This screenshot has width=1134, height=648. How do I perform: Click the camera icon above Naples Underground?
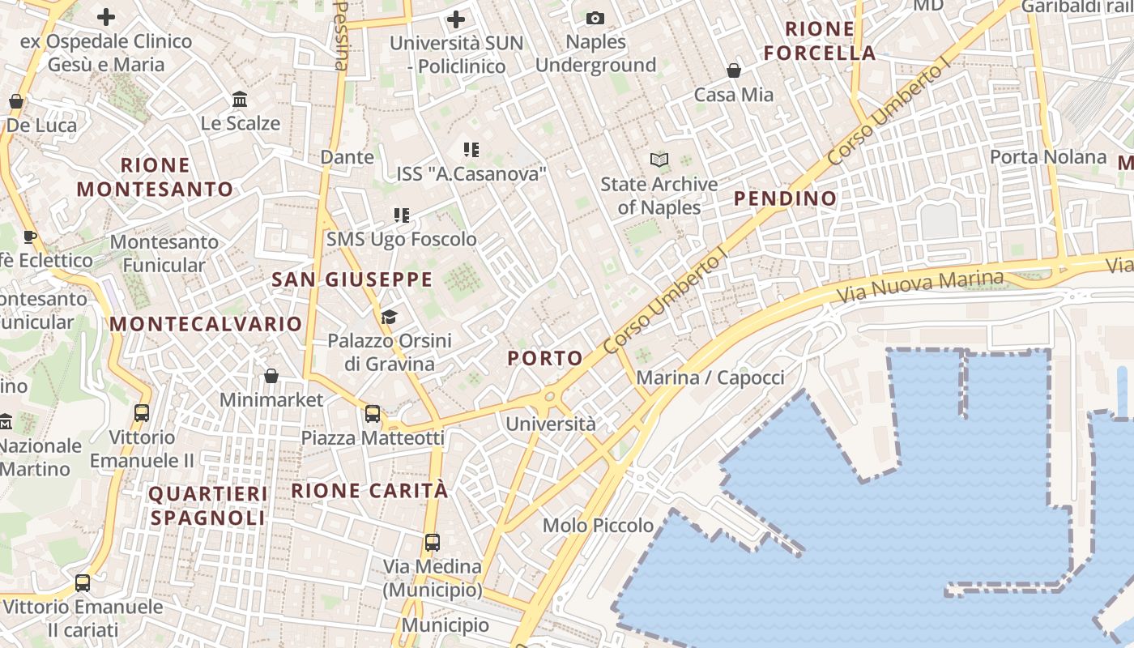(x=595, y=18)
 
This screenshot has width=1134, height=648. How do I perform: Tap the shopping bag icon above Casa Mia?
(x=734, y=70)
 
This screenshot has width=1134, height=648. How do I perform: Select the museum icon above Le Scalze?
(x=240, y=100)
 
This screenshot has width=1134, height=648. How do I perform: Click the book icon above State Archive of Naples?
(x=660, y=160)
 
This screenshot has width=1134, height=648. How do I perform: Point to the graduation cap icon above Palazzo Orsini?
(x=390, y=317)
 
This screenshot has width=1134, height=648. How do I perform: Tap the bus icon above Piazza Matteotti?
(x=373, y=414)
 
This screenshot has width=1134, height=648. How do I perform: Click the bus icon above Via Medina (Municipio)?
(x=433, y=543)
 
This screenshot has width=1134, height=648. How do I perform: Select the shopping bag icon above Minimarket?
(x=271, y=376)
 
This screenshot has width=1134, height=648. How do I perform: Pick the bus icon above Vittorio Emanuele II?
(x=142, y=412)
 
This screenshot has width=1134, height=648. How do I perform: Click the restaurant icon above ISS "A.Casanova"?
(x=471, y=149)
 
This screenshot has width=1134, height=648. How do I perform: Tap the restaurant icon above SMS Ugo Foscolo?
(x=401, y=215)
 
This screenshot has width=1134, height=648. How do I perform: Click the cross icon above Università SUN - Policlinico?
(x=456, y=19)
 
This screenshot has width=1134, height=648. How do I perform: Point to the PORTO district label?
(x=545, y=358)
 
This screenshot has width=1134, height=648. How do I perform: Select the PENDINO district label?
(x=785, y=198)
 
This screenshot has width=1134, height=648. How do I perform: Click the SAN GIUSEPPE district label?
(x=352, y=280)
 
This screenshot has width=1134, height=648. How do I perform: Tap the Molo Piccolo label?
(x=598, y=526)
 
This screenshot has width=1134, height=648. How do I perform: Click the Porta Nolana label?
(x=1048, y=157)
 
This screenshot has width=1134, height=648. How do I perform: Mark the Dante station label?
(x=347, y=157)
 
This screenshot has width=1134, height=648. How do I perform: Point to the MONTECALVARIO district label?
(x=206, y=324)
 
